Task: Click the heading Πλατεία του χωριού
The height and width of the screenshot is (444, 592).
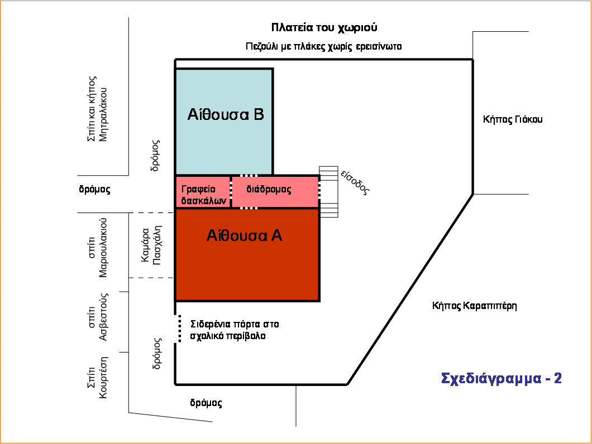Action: click(324, 27)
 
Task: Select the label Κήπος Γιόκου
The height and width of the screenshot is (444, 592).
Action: click(513, 119)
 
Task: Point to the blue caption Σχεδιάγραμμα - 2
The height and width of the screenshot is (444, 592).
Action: click(501, 379)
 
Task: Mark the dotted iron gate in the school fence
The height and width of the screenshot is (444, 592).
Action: click(179, 328)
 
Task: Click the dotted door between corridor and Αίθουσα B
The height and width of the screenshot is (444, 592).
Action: click(249, 176)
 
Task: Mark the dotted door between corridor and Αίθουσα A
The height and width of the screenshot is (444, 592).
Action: click(249, 207)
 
